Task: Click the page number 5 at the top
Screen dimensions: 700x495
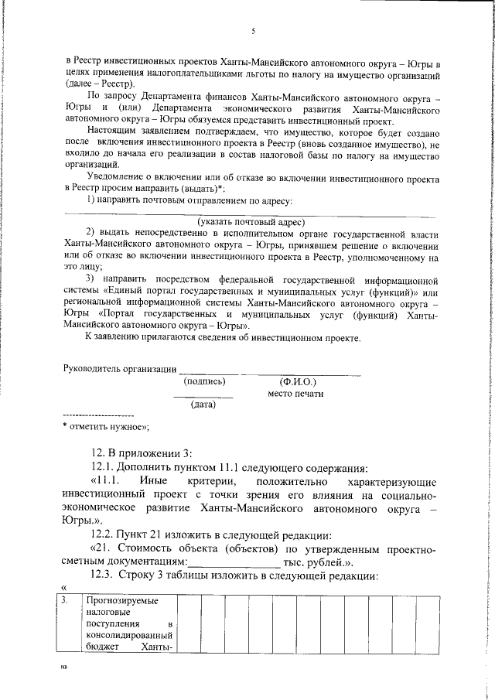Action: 253,32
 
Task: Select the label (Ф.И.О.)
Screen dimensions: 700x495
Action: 297,381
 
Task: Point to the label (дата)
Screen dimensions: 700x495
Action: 203,404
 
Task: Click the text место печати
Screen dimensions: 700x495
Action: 295,394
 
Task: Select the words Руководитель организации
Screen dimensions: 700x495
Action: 119,368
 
